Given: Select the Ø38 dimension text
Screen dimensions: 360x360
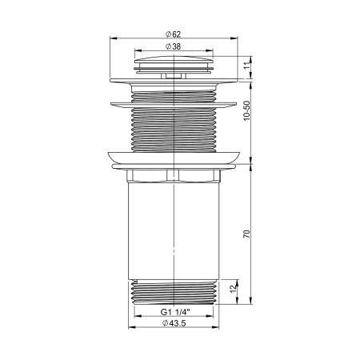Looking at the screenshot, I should pos(173,46).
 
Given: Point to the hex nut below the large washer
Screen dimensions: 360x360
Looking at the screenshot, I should pos(174,175).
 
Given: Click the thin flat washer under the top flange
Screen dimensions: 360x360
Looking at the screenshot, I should pos(174,102).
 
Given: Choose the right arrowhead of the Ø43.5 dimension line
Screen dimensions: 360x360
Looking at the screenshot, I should pos(218,327).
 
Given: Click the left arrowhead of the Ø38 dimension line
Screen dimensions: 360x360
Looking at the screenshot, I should pos(134,52).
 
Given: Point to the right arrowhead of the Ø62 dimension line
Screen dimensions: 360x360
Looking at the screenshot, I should pos(239,38).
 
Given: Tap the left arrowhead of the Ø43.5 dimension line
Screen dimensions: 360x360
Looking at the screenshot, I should pos(130,327).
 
